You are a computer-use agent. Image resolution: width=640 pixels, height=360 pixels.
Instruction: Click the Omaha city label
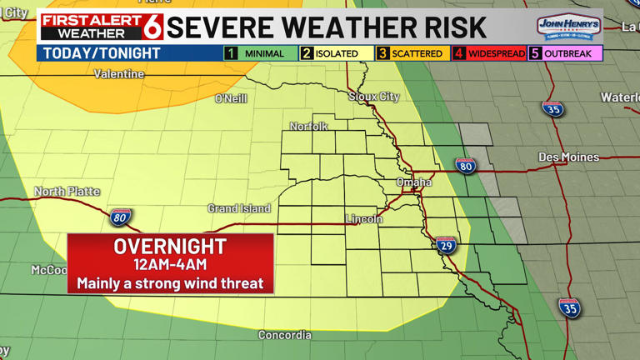point(414,182)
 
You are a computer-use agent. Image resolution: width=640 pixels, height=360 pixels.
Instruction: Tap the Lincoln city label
point(364,219)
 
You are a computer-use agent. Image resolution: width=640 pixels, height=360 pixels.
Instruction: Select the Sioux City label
point(374,97)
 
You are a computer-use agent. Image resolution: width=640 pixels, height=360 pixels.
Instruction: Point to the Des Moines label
point(568,157)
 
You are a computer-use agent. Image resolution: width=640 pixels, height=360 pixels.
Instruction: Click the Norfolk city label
point(308,126)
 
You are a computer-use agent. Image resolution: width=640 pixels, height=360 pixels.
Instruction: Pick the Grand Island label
point(238,207)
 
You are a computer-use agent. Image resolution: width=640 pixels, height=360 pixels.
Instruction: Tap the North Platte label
point(67,192)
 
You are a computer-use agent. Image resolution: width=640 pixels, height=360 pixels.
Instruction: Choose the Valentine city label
point(119,74)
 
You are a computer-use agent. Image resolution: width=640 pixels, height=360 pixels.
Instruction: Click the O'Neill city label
point(231,98)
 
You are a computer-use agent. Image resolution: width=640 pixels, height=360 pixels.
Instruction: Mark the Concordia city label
point(285,335)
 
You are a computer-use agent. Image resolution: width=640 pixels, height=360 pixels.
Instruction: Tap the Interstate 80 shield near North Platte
point(120,217)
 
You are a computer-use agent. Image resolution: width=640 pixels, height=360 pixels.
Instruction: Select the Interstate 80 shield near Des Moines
point(466,166)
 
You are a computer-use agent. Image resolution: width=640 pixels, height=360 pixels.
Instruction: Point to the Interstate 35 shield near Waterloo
point(552,109)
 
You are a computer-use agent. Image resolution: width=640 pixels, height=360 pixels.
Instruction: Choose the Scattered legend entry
point(411,53)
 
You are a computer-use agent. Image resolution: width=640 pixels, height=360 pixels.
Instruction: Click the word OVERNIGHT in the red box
point(170,247)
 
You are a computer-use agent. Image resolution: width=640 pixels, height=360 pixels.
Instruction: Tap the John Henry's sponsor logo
point(569,27)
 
